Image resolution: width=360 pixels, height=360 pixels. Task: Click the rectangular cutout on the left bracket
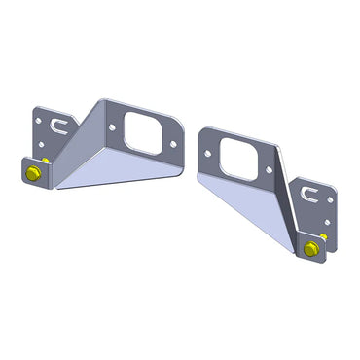point(141,133)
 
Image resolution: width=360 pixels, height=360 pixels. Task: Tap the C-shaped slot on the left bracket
point(57,125)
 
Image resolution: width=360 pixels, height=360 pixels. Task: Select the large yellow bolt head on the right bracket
point(310,249)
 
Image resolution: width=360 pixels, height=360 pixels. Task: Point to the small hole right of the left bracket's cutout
point(173,143)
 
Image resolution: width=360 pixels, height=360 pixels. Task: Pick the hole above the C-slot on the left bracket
point(38,121)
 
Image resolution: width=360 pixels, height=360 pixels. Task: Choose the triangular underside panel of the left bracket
point(117,170)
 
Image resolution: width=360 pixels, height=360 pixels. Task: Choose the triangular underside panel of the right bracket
point(243,209)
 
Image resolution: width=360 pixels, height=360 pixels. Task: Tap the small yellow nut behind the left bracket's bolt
point(46,160)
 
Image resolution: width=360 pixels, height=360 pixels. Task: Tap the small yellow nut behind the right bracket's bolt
point(323,236)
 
